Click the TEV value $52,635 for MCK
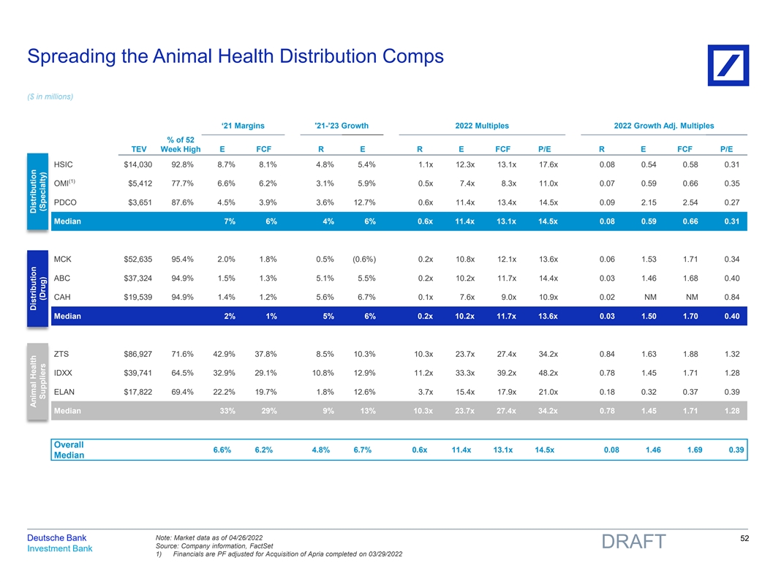click(137, 258)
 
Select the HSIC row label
click(64, 165)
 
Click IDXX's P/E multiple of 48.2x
click(548, 372)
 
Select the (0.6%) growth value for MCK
click(363, 258)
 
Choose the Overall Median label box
click(69, 450)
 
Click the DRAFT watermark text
click(633, 542)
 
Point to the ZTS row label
click(62, 354)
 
